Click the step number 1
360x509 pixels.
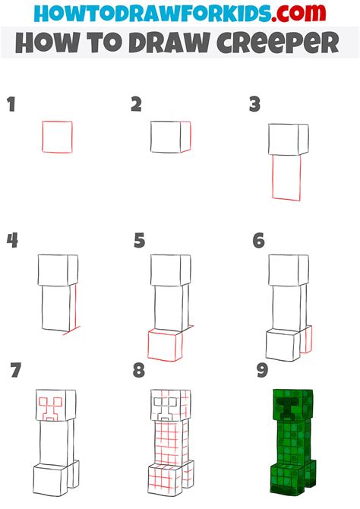[11, 105]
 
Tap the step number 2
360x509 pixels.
[137, 105]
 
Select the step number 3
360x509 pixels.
[255, 105]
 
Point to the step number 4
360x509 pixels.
[12, 241]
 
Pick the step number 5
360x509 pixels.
[139, 241]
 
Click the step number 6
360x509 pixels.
[259, 241]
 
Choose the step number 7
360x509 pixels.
[16, 370]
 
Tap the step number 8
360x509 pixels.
[139, 370]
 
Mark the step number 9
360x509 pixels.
[262, 370]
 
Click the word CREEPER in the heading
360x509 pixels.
[278, 43]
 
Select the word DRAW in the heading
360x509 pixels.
[169, 43]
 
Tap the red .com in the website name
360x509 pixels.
[298, 14]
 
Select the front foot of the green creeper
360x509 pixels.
[288, 479]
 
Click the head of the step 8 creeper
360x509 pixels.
[171, 406]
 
